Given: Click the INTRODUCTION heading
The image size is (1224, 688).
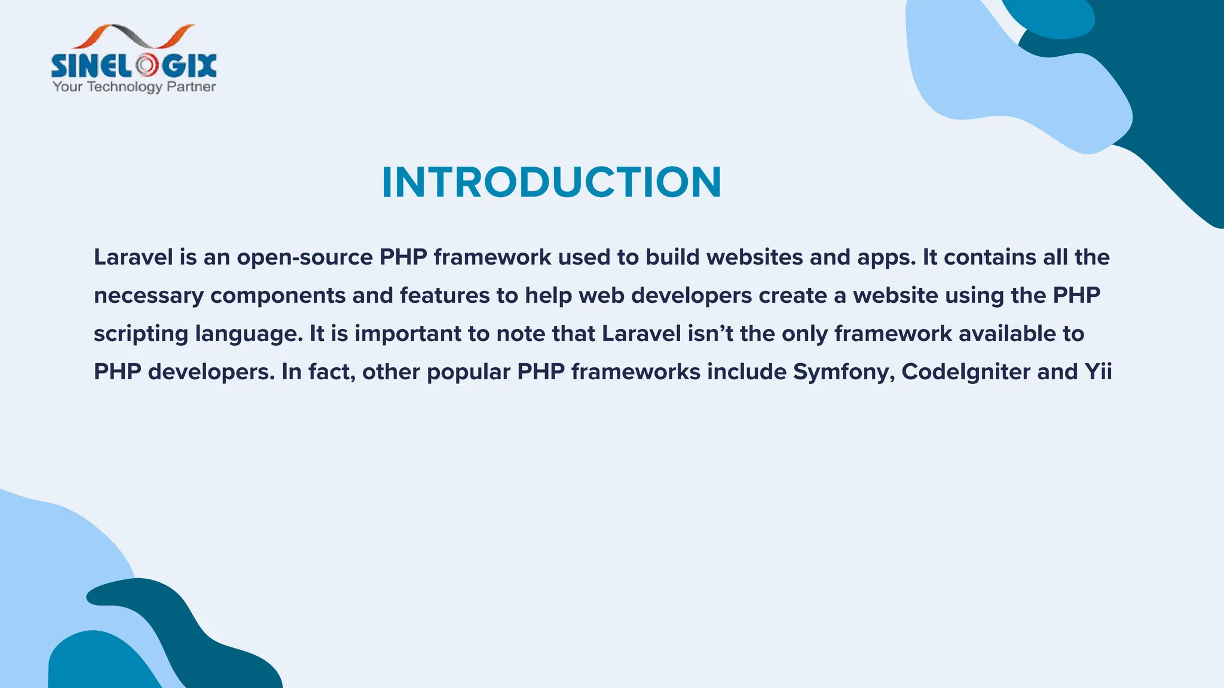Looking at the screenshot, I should pos(552,182).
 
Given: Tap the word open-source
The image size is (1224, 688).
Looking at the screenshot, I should pos(305,257).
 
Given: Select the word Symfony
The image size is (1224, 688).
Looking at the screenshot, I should pos(843,372).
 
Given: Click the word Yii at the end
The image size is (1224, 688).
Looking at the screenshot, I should pos(1098,371).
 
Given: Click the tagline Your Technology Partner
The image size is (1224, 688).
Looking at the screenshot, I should pos(134,87).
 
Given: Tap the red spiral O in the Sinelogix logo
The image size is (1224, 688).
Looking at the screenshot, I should pos(146,66).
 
